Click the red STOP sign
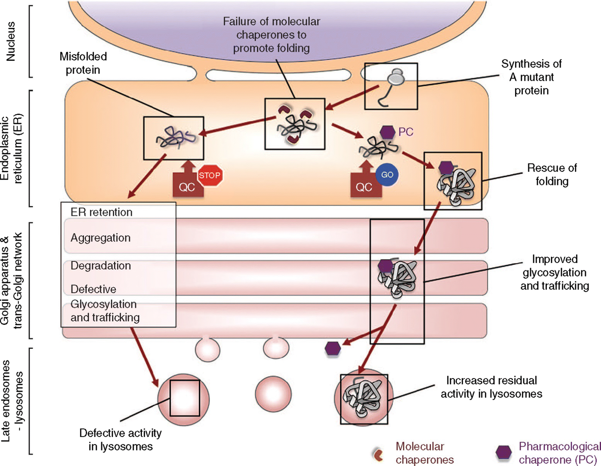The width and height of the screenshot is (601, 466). (x=210, y=175)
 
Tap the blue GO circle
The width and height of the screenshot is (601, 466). (x=387, y=175)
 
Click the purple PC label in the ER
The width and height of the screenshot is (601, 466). (x=406, y=132)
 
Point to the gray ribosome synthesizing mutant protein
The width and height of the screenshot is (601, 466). (x=396, y=78)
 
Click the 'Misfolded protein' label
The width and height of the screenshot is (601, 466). (x=83, y=63)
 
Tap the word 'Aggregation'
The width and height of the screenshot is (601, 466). (x=100, y=238)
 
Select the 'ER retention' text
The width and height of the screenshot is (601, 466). (x=101, y=212)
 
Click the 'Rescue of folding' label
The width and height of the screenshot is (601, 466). (x=552, y=174)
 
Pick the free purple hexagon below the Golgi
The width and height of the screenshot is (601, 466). (x=333, y=349)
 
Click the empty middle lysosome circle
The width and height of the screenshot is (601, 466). (x=273, y=394)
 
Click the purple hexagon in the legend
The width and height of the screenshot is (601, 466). (x=503, y=452)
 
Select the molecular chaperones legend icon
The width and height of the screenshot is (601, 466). (x=378, y=454)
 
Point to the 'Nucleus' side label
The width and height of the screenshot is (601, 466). (x=11, y=41)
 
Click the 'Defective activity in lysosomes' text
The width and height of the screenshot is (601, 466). (x=120, y=440)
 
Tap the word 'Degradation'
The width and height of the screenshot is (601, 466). (x=101, y=266)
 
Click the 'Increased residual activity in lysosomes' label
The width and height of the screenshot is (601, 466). (x=491, y=387)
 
